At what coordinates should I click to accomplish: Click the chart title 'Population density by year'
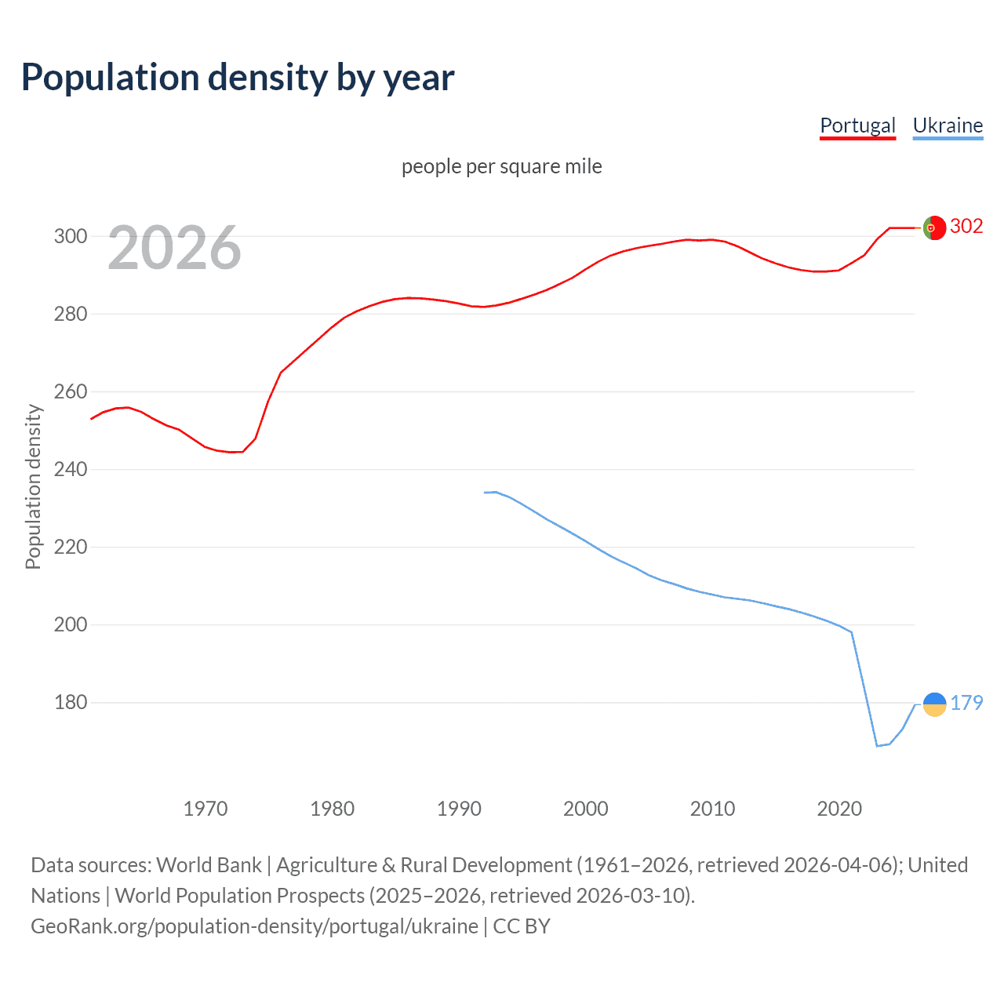(238, 78)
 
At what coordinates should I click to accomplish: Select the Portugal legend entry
(857, 125)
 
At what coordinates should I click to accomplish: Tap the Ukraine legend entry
(948, 125)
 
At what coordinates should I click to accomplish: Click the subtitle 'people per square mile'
(501, 166)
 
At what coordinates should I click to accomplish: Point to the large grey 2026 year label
(174, 248)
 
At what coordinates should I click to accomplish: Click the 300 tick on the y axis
(70, 236)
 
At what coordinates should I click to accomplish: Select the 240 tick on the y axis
(70, 469)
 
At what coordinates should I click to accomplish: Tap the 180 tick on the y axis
(70, 702)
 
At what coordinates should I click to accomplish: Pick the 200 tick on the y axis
(70, 624)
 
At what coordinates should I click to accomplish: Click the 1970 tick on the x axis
(206, 808)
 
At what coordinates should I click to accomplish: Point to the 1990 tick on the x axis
(459, 808)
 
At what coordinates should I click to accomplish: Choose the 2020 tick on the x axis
(839, 808)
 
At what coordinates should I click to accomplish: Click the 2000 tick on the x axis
(586, 808)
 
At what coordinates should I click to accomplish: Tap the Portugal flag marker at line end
(934, 227)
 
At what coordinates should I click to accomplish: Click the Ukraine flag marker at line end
(934, 704)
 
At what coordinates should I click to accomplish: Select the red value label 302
(966, 227)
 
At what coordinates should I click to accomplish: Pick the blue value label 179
(966, 703)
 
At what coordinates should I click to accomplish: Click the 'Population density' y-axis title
(33, 486)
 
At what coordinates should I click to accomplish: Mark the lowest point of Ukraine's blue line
(877, 746)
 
